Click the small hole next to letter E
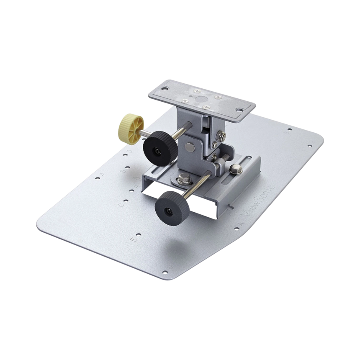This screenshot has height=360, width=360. [x=139, y=236]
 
